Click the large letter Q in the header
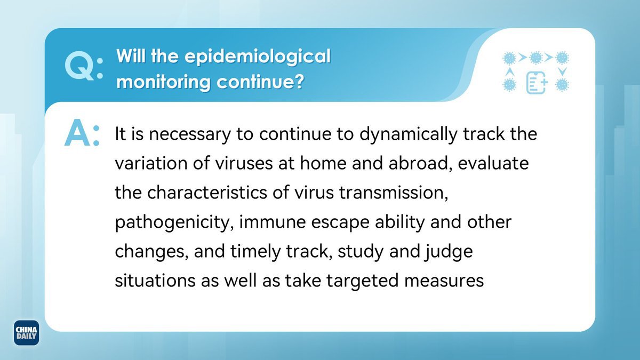click(x=79, y=67)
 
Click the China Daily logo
click(x=26, y=333)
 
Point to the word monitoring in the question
click(x=163, y=83)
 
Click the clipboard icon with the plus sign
click(x=537, y=83)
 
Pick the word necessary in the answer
click(x=189, y=134)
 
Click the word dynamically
click(x=409, y=134)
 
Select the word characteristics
click(x=207, y=193)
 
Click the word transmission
click(x=394, y=193)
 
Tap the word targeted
click(x=362, y=281)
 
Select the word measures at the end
click(x=444, y=281)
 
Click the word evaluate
click(x=493, y=164)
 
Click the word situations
click(x=155, y=281)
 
